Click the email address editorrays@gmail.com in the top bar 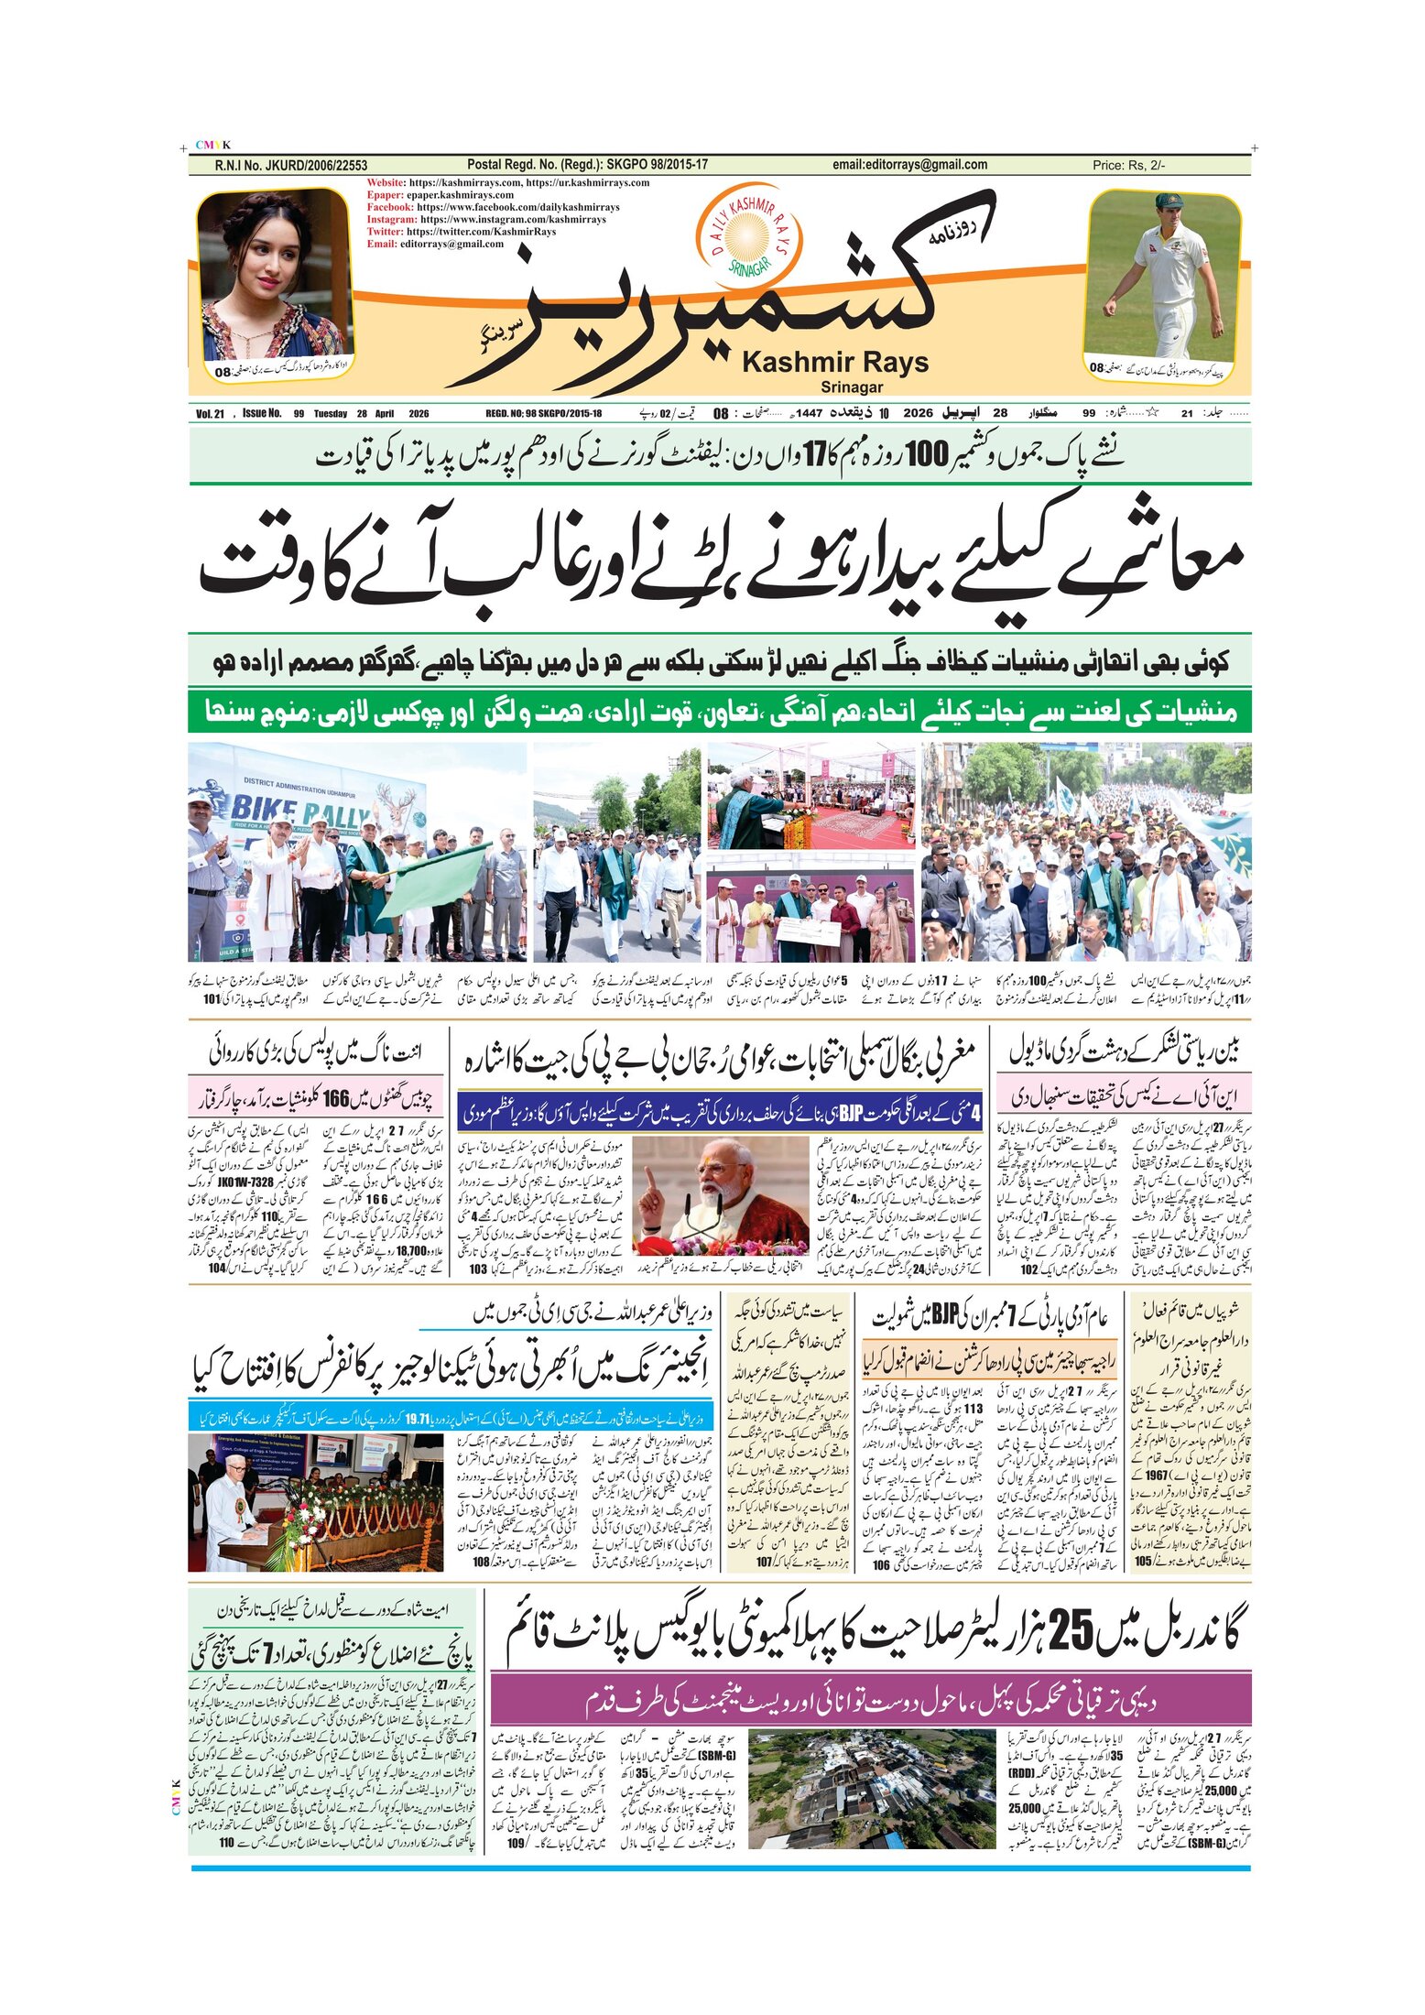909,165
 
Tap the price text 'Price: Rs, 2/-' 1128,166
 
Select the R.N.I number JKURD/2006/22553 291,166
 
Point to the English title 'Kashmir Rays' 834,363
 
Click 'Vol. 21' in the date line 210,414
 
